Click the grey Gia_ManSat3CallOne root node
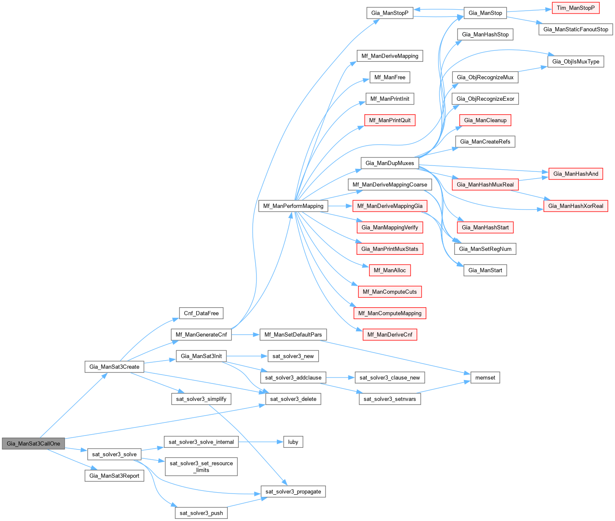point(33,444)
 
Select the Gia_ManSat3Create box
point(114,367)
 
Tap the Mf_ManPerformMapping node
point(293,206)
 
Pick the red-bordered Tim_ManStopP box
point(576,8)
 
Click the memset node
point(485,378)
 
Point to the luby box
point(293,442)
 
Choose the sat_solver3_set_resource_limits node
point(201,466)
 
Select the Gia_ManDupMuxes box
point(389,163)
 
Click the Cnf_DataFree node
point(201,313)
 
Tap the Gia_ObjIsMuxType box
point(576,61)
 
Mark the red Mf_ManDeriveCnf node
point(389,334)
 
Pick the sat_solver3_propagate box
point(293,491)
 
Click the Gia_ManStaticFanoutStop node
point(576,29)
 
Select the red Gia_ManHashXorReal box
point(576,206)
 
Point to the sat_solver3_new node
point(293,356)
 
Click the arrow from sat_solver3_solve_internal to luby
point(260,442)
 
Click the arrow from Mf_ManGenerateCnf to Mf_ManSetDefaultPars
point(245,334)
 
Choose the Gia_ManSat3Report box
point(114,476)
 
